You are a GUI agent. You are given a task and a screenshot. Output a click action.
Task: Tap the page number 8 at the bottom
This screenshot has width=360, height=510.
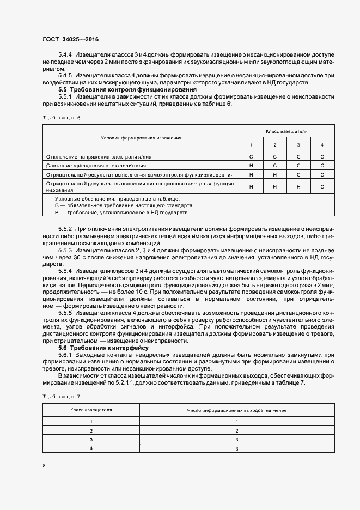pyautogui.click(x=45, y=466)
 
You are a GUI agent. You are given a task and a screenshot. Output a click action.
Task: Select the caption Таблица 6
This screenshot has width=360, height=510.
pyautogui.click(x=60, y=117)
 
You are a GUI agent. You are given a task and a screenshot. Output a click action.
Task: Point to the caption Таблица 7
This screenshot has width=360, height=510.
pyautogui.click(x=60, y=397)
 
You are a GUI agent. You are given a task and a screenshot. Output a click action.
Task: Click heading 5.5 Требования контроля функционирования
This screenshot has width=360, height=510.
pyautogui.click(x=127, y=89)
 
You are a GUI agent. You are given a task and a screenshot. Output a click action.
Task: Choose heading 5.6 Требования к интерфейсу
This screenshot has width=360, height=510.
pyautogui.click(x=103, y=347)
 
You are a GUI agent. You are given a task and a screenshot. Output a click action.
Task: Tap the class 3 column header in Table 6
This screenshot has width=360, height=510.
pyautogui.click(x=298, y=145)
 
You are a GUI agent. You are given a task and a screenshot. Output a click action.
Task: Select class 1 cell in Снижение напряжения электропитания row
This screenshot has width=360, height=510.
pyautogui.click(x=251, y=165)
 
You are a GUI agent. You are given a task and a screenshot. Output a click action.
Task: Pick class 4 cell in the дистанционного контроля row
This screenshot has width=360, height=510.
pyautogui.click(x=322, y=187)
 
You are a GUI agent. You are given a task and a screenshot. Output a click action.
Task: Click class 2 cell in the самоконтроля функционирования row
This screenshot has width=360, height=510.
pyautogui.click(x=274, y=174)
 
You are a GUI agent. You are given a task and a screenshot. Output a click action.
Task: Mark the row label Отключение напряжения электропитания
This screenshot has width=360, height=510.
pyautogui.click(x=99, y=156)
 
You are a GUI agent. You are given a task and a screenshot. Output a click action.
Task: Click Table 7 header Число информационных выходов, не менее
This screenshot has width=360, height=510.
pyautogui.click(x=237, y=410)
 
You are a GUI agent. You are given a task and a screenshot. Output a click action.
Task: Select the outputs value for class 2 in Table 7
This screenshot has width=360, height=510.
pyautogui.click(x=237, y=430)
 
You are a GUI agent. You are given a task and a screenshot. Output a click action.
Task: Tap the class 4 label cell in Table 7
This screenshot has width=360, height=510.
pyautogui.click(x=91, y=448)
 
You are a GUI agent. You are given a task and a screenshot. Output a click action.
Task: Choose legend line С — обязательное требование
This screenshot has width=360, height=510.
pyautogui.click(x=124, y=205)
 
